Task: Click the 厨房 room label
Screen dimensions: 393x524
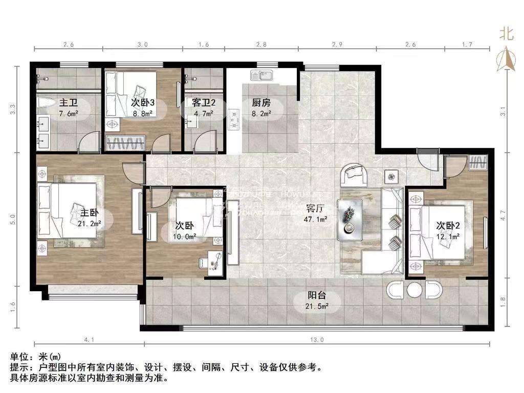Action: (x=260, y=102)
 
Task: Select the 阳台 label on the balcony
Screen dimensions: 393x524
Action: (x=317, y=296)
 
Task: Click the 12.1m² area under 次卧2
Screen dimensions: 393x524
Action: (x=448, y=236)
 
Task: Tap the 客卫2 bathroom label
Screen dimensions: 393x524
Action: (x=204, y=102)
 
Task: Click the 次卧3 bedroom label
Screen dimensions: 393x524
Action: (x=129, y=102)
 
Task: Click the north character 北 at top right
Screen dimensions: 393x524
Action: (x=506, y=34)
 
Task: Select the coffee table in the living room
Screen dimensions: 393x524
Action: (x=351, y=219)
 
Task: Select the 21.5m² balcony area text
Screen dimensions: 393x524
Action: (x=317, y=306)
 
